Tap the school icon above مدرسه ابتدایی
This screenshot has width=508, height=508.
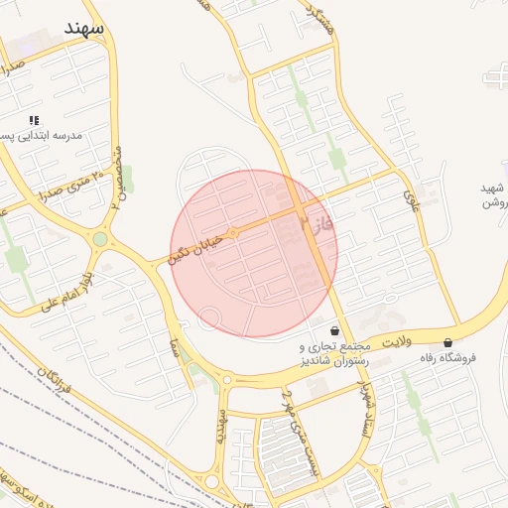coord(35,120)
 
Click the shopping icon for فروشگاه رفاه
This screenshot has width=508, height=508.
coord(448,343)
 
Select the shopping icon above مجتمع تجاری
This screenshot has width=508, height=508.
coord(334,330)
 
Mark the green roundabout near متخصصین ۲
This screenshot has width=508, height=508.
coord(100,239)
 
